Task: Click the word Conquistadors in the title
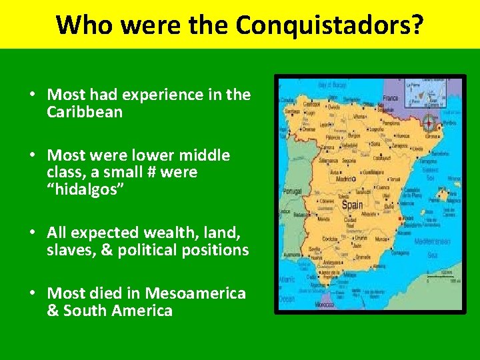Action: coord(329,25)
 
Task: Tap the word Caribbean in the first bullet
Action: coord(85,112)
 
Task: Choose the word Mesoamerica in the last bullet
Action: coord(195,293)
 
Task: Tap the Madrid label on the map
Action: coord(343,179)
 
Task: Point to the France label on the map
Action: coord(391,98)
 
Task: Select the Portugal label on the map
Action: coord(293,191)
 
